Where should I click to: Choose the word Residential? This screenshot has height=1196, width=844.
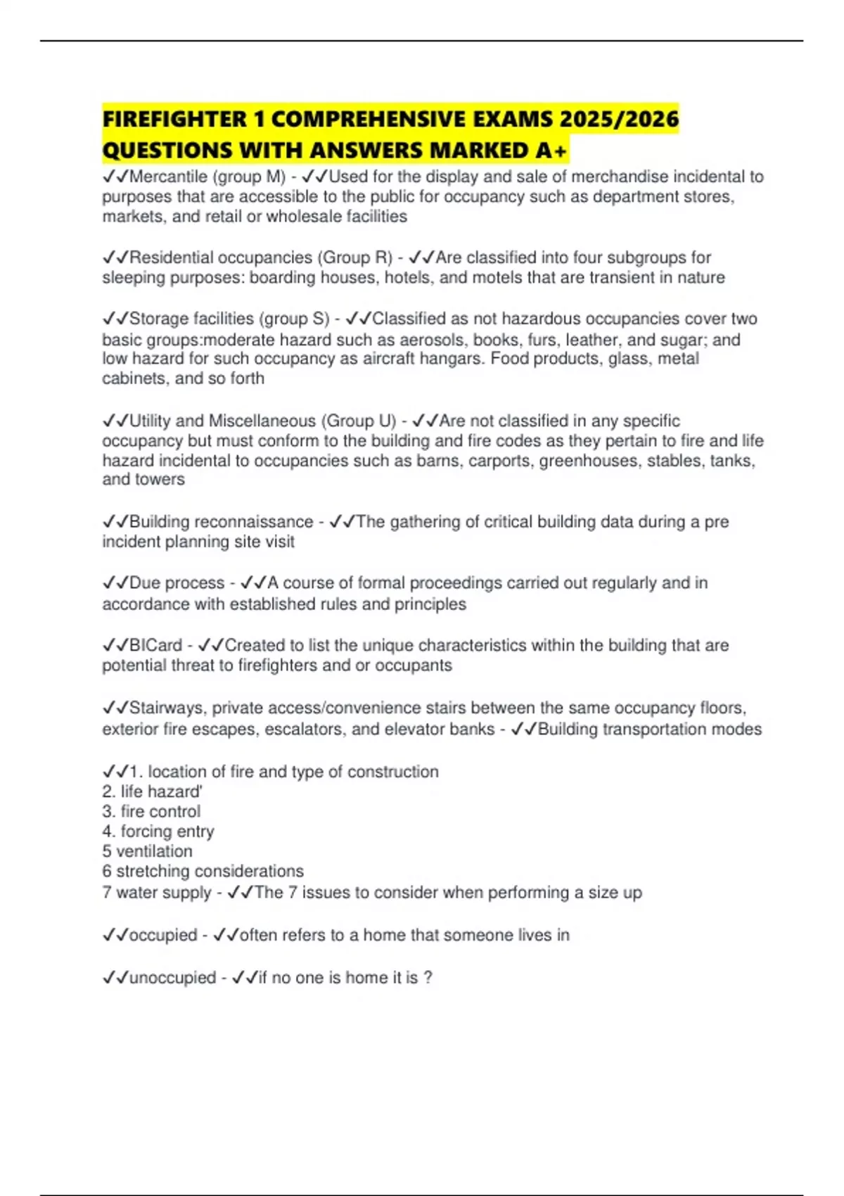pos(171,257)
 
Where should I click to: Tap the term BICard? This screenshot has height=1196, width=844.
pos(155,645)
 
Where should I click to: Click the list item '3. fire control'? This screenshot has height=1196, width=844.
pos(151,811)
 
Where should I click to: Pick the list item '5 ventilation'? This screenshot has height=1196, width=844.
pos(147,851)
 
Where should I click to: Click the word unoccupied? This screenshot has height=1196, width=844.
pos(172,977)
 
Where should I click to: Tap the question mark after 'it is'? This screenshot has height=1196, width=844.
pos(428,977)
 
